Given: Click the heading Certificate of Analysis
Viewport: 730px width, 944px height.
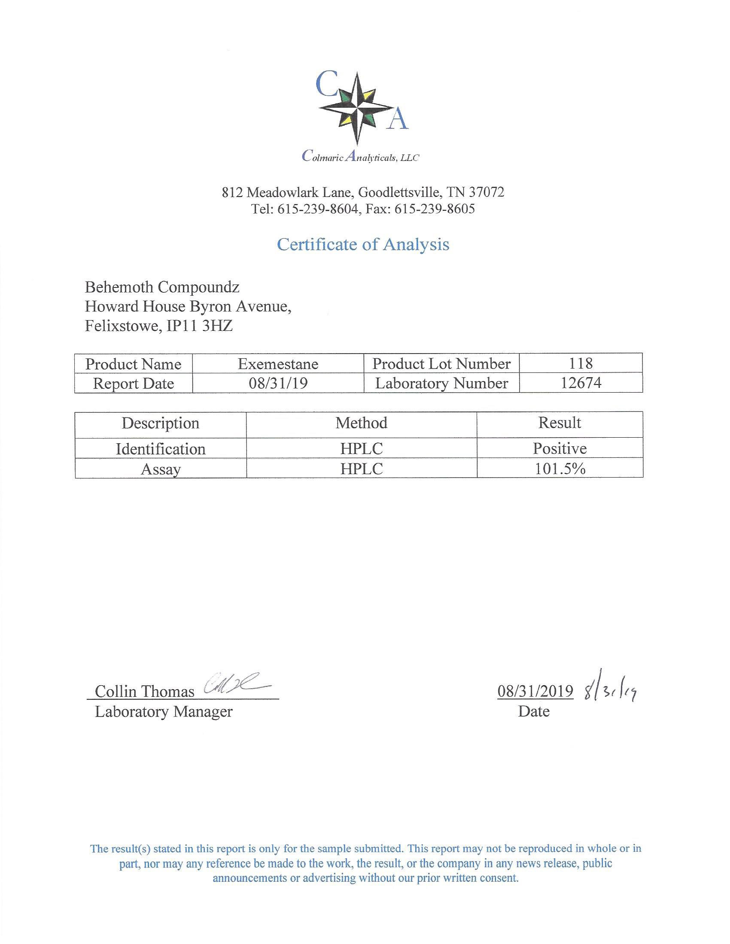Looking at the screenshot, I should pyautogui.click(x=363, y=245).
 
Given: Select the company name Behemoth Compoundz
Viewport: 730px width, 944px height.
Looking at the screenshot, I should pyautogui.click(x=162, y=287).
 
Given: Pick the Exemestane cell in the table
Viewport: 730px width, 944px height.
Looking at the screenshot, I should pyautogui.click(x=278, y=364).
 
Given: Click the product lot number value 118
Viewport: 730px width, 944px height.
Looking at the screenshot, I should pyautogui.click(x=581, y=363).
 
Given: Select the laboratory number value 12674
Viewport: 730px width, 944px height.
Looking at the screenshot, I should pyautogui.click(x=581, y=383).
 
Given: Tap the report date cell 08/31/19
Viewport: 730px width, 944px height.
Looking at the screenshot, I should pyautogui.click(x=278, y=383).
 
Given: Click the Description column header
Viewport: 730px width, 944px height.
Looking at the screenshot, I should pyautogui.click(x=161, y=423).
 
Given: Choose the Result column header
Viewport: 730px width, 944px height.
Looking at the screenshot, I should pyautogui.click(x=560, y=423).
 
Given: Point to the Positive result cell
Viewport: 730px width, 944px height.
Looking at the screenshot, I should pyautogui.click(x=560, y=449).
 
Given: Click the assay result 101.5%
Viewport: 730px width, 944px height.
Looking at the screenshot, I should pyautogui.click(x=560, y=469).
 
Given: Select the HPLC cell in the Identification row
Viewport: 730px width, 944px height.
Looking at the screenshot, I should pyautogui.click(x=362, y=449).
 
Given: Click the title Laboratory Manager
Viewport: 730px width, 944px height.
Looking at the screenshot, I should pyautogui.click(x=164, y=711).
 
